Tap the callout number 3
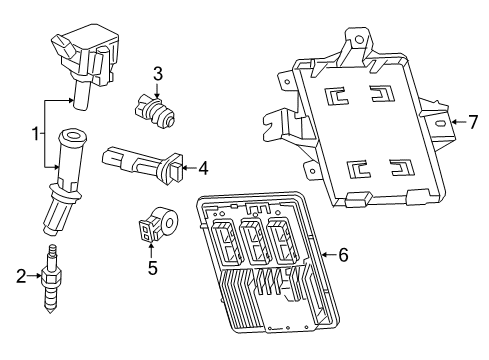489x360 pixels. coord(158,72)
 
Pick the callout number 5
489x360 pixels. coord(152,267)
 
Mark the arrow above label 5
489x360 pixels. coord(152,249)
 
